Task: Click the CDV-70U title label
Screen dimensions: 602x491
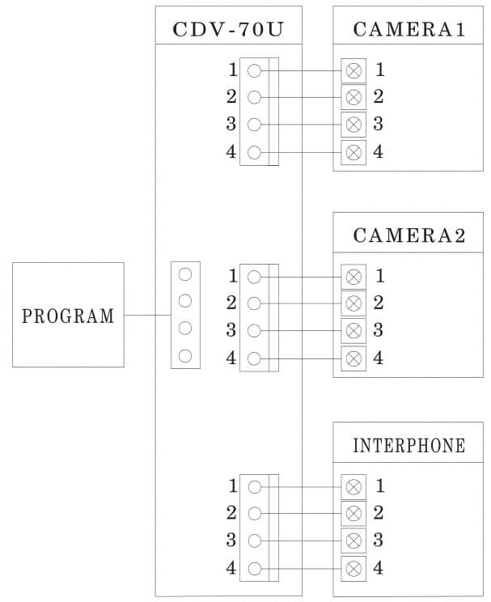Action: tap(227, 30)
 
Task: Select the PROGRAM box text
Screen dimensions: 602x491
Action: tap(68, 316)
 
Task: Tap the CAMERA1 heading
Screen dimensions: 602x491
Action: tap(409, 30)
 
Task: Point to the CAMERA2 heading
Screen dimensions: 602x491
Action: tap(409, 236)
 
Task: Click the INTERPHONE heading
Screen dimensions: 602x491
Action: tap(409, 445)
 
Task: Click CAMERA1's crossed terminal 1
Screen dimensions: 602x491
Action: tap(353, 70)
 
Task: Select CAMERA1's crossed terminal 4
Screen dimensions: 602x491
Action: tap(353, 151)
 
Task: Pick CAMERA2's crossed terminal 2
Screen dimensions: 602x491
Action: tap(353, 303)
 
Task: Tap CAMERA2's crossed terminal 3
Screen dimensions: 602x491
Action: tap(353, 330)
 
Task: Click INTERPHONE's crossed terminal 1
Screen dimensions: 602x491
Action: tap(353, 486)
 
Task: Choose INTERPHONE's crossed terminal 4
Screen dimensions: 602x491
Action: tap(353, 567)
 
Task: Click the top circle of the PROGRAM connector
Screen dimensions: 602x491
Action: tap(184, 274)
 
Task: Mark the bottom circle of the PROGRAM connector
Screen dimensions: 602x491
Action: tap(184, 355)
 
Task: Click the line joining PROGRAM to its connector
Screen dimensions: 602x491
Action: tap(147, 315)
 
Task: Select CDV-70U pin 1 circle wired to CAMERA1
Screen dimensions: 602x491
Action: tap(254, 70)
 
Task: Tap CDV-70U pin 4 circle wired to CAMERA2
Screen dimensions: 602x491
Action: tap(254, 358)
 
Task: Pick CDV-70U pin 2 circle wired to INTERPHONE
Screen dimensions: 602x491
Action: tap(254, 513)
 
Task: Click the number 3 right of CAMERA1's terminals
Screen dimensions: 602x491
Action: tap(378, 124)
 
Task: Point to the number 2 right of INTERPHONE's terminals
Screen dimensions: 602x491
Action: tap(378, 513)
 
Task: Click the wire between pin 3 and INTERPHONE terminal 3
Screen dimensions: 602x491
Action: tap(307, 540)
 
